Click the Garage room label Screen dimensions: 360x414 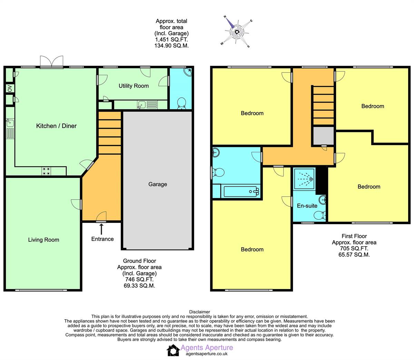(x=158, y=184)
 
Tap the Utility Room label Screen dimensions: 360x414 (x=134, y=86)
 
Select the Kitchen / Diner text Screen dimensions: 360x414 (x=56, y=126)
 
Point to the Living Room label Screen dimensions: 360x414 (x=43, y=240)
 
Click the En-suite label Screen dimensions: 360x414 (x=307, y=206)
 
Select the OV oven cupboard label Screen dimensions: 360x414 (x=9, y=89)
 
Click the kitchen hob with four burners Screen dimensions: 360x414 (x=47, y=171)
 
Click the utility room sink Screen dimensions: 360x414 (x=141, y=104)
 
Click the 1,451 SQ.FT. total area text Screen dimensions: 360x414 (x=171, y=40)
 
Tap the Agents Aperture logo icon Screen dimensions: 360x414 (x=173, y=350)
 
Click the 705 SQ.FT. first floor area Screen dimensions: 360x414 (x=354, y=248)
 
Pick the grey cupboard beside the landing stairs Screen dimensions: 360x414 (x=323, y=136)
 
